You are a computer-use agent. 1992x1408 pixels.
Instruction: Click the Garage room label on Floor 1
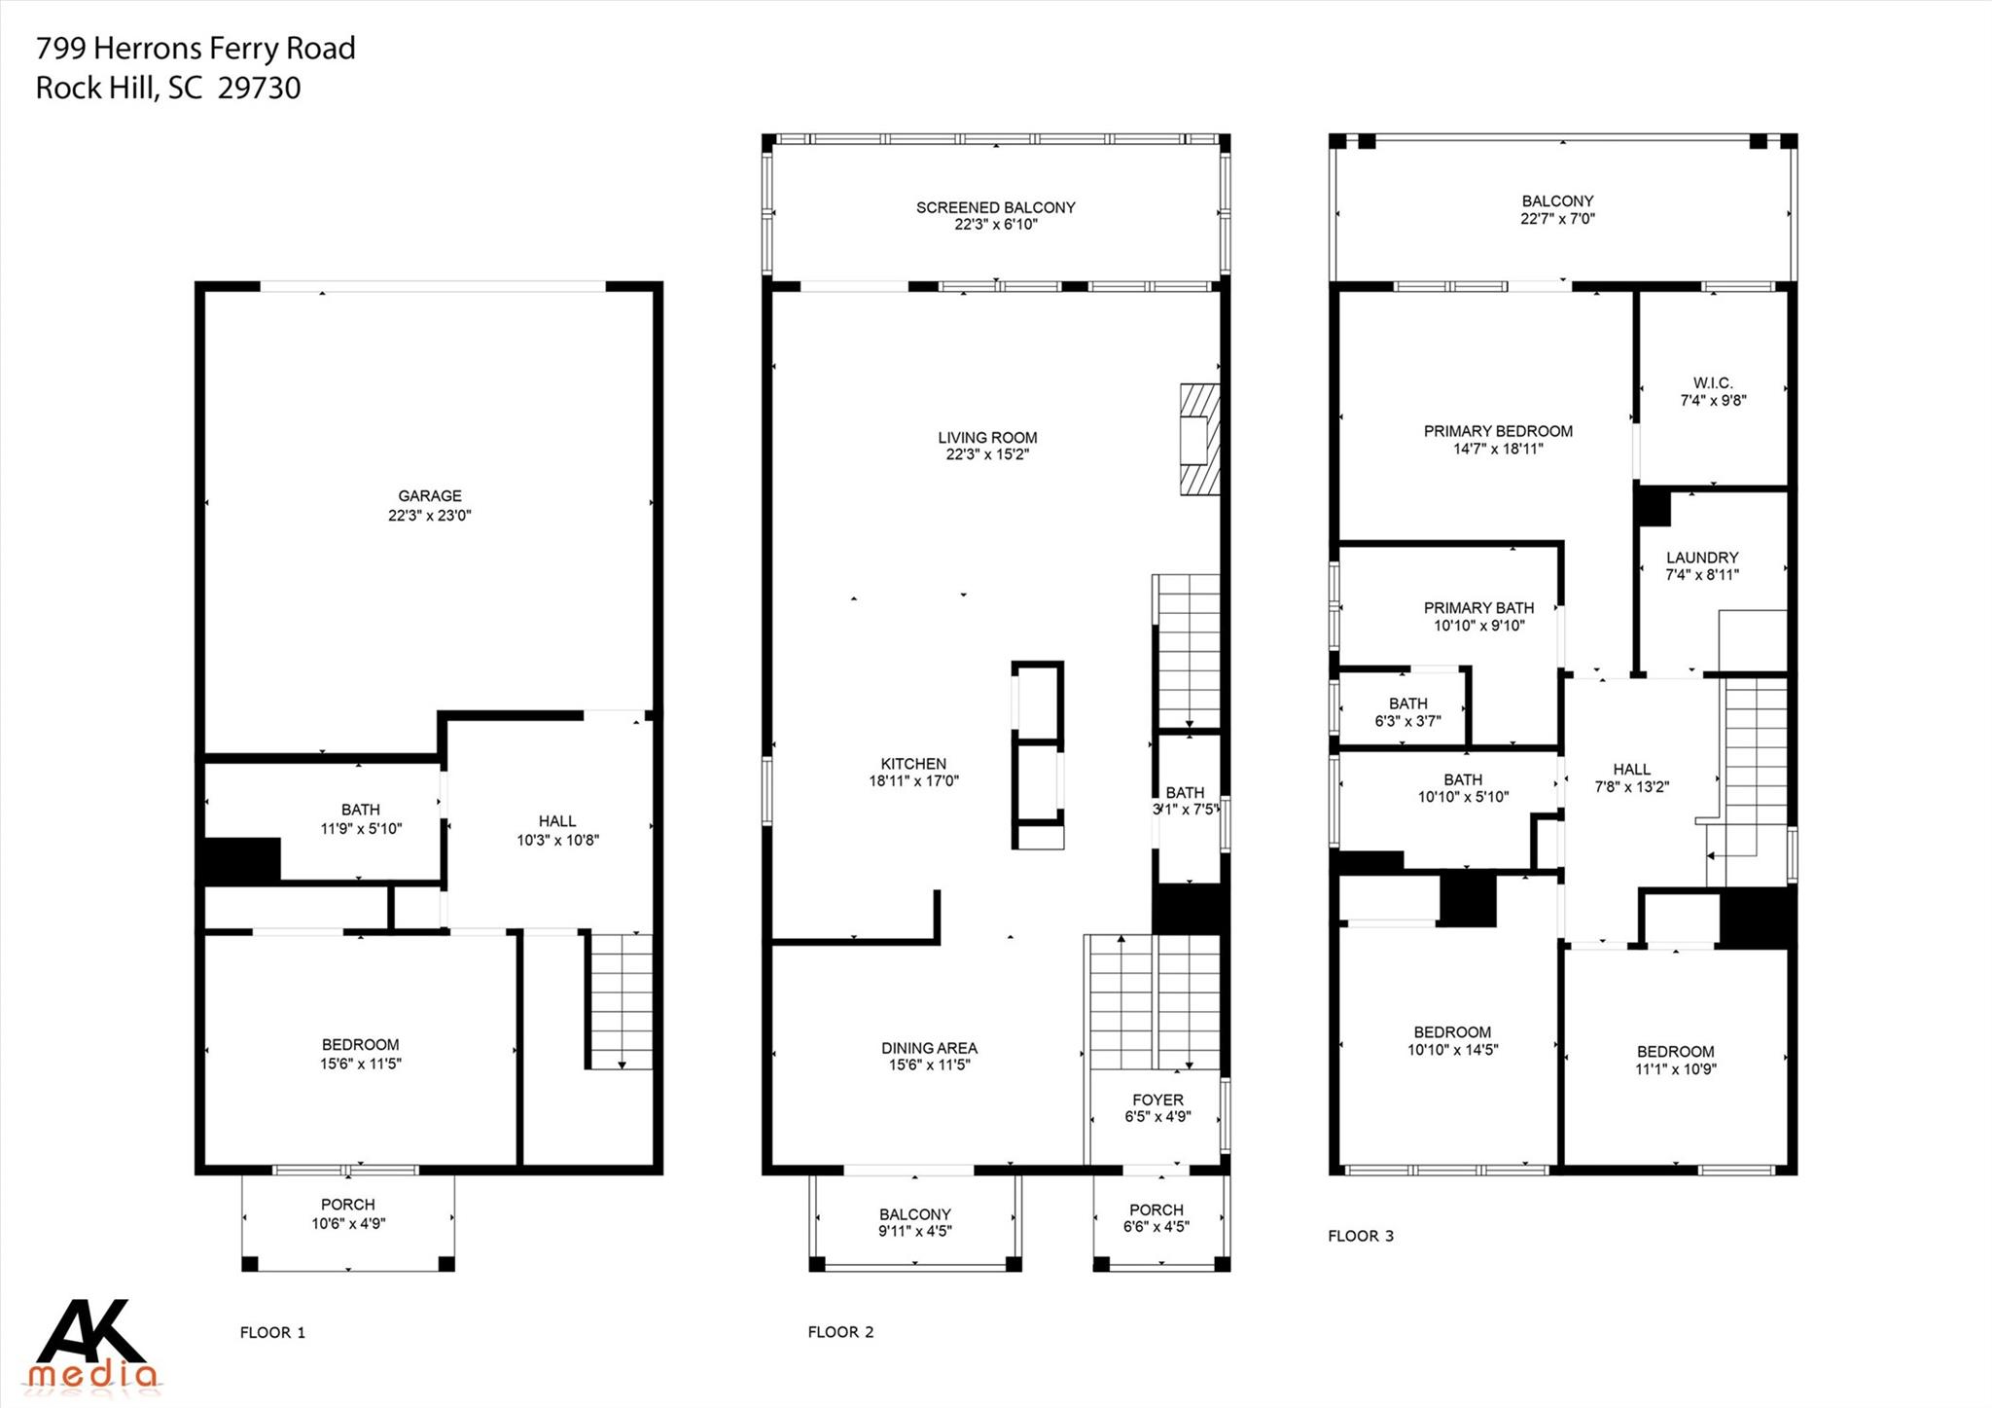tap(429, 496)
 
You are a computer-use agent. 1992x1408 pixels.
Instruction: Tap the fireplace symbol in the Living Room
tap(1199, 439)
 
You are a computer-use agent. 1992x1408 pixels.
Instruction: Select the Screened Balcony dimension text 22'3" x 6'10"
tap(995, 225)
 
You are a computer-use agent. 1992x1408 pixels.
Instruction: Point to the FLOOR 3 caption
tap(1360, 1236)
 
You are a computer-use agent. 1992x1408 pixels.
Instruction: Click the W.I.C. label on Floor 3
tap(1713, 383)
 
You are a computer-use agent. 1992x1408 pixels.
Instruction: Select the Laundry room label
tap(1701, 558)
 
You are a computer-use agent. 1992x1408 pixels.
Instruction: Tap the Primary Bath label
tap(1478, 608)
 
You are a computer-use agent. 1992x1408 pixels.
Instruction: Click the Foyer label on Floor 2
tap(1157, 1101)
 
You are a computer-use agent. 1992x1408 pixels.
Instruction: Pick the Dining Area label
tap(929, 1048)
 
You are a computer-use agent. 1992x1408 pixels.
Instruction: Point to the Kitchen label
tap(913, 764)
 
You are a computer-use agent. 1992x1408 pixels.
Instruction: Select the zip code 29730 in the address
tap(259, 89)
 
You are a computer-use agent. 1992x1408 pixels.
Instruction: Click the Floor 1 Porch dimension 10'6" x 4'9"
tap(348, 1223)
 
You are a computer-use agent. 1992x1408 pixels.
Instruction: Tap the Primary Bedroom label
tap(1498, 431)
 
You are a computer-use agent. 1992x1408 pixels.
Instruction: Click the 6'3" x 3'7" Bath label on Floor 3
tap(1407, 712)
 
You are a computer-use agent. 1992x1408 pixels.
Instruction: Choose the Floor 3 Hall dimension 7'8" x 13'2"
tap(1631, 787)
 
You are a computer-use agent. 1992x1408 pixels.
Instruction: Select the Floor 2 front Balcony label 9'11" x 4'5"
tap(914, 1222)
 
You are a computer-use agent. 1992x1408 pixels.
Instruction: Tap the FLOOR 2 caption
tap(840, 1332)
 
